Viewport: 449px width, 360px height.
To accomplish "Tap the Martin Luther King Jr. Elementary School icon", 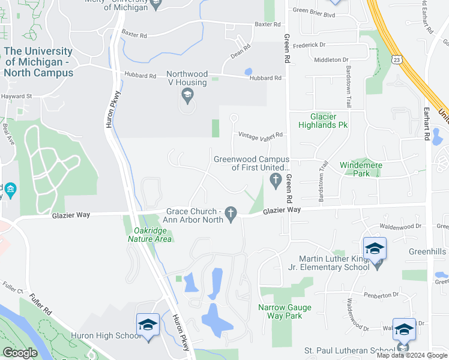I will [375, 248].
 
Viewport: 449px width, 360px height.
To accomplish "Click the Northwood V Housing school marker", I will [187, 95].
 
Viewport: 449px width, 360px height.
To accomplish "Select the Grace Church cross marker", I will [231, 212].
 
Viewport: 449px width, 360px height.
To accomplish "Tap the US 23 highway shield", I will [395, 59].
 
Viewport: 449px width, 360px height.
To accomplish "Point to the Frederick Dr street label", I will [310, 44].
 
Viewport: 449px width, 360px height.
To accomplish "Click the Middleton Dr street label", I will [331, 59].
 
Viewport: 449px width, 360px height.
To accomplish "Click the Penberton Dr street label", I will [382, 295].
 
